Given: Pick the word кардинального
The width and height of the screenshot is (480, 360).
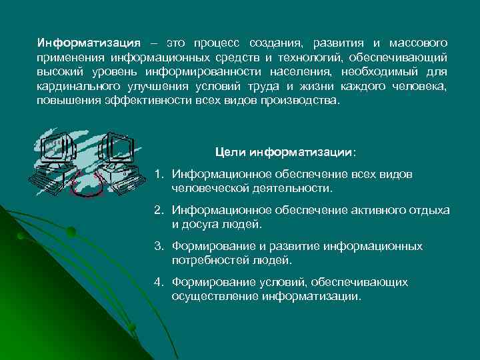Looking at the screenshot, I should (75, 87).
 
